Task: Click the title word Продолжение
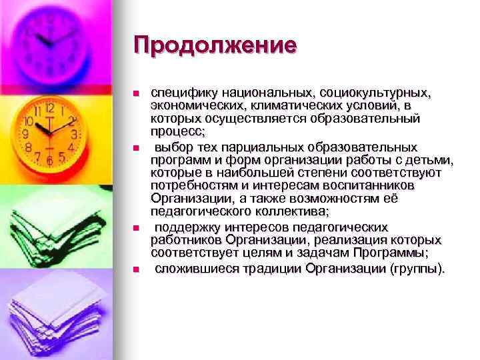214,47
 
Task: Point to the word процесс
173,131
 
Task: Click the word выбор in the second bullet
175,146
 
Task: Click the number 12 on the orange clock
49,107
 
